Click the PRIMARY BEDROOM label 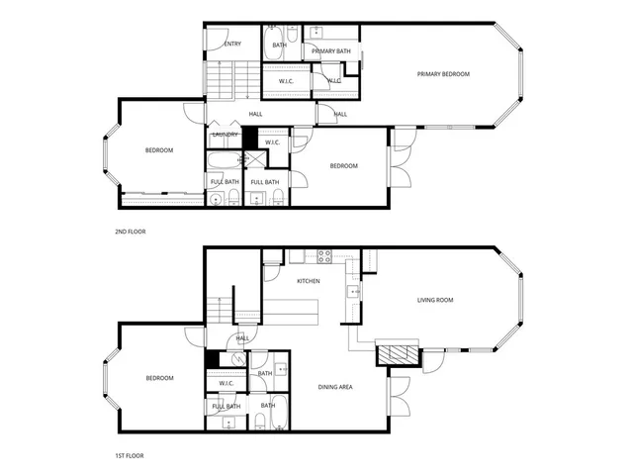coord(442,74)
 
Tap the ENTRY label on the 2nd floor coord(233,44)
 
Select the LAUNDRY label coord(224,135)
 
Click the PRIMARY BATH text coord(330,50)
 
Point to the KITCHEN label coord(309,282)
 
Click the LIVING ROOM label coord(434,300)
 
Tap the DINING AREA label coord(335,387)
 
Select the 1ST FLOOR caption coord(130,456)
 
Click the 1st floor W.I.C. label coord(226,383)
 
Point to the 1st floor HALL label coord(242,337)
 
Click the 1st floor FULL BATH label coord(226,407)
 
